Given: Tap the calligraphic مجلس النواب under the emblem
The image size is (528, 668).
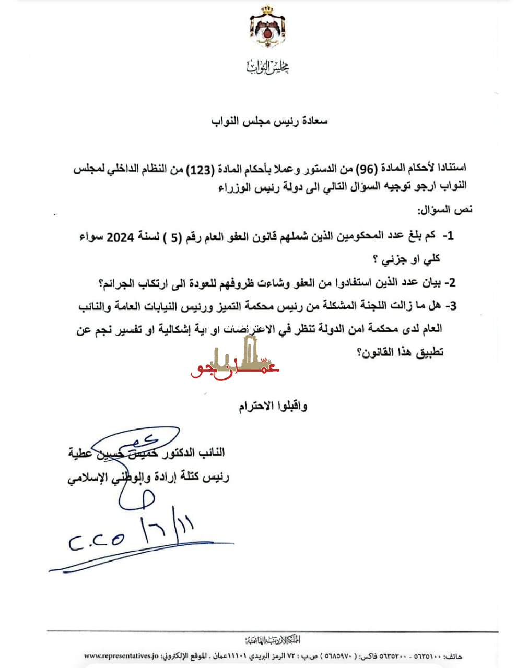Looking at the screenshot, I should pyautogui.click(x=267, y=67).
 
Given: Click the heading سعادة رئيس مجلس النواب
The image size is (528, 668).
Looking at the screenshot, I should pyautogui.click(x=269, y=121).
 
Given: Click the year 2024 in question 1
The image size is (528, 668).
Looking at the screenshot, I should pyautogui.click(x=120, y=236).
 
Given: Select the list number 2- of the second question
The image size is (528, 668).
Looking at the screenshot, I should pyautogui.click(x=449, y=283).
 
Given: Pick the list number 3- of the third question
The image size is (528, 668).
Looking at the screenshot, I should pyautogui.click(x=450, y=306).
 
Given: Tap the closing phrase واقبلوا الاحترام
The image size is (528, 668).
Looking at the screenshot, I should pyautogui.click(x=273, y=407).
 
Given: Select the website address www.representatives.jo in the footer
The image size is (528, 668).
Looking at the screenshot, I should pyautogui.click(x=121, y=655).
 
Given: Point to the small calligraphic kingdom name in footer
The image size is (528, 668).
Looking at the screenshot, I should pyautogui.click(x=273, y=640).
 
